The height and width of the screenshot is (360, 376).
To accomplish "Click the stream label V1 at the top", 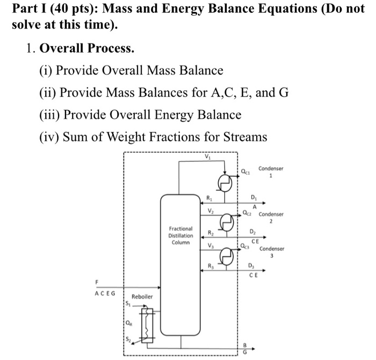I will coord(208,157).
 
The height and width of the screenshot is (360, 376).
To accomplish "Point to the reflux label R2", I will coord(211,234).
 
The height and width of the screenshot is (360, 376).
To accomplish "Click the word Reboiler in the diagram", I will coord(142,297).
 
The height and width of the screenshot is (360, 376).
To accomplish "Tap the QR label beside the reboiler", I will coord(128,323).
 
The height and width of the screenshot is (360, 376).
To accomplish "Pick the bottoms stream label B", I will coord(246,346).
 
